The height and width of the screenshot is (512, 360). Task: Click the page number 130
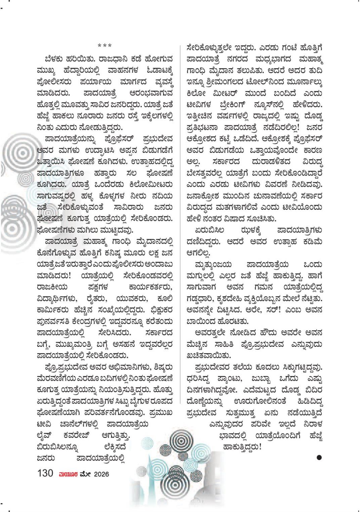pyautogui.click(x=46, y=473)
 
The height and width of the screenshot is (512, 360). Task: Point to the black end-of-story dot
pyautogui.click(x=319, y=457)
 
